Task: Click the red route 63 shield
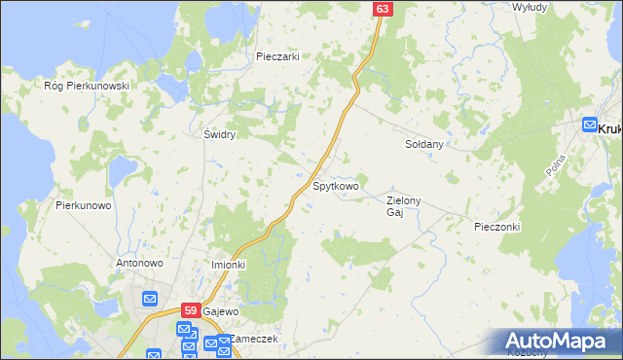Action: pos(382,9)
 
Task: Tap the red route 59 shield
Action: pos(191,310)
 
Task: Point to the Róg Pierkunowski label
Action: pos(88,86)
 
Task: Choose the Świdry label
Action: pos(219,134)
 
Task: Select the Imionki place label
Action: pos(229,265)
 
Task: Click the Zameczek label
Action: pos(255,339)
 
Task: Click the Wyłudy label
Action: pos(530,7)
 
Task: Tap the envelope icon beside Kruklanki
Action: pos(589,125)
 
